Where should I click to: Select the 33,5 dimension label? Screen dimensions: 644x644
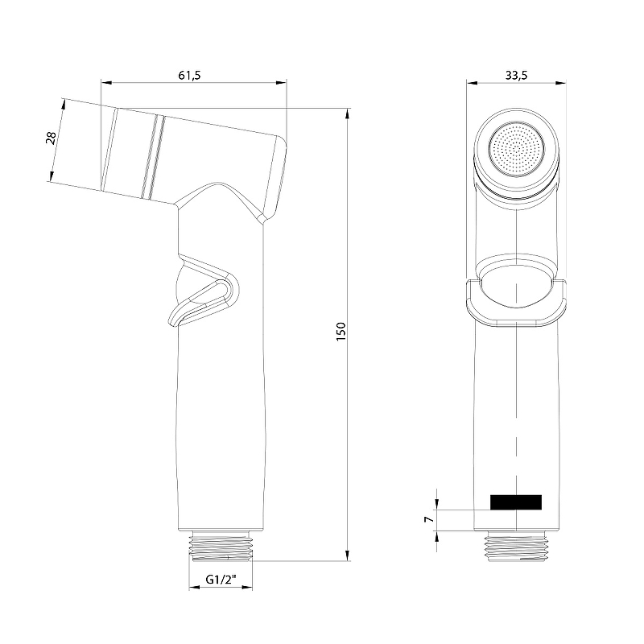pos(516,75)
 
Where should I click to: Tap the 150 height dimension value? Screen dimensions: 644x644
pos(341,332)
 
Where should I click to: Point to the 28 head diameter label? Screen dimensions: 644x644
pos(51,138)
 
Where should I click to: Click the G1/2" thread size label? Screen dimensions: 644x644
pos(220,578)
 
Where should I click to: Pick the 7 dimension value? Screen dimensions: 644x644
pos(429,520)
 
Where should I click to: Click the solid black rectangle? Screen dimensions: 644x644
pos(516,502)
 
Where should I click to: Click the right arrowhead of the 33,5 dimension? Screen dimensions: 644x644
pos(559,81)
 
